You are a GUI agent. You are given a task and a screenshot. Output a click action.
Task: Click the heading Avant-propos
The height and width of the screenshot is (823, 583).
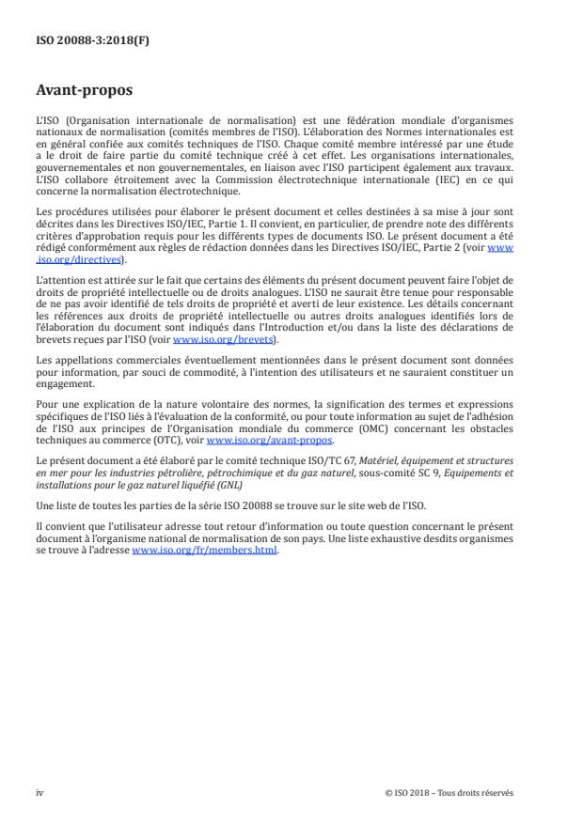pos(84,92)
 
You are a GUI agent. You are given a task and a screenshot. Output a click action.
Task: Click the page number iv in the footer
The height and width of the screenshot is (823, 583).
pos(39,792)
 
